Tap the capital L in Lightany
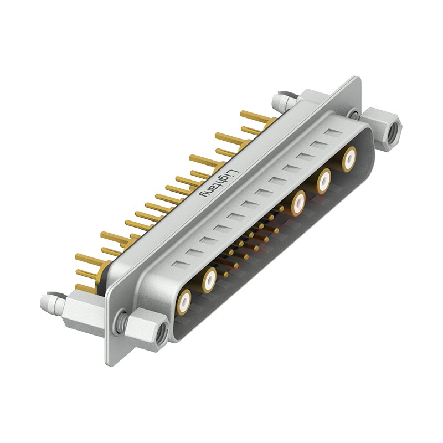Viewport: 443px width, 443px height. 233,172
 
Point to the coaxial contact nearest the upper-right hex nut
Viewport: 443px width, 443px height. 349,159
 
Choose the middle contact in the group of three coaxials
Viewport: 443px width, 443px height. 324,180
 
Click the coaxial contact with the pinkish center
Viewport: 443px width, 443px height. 299,202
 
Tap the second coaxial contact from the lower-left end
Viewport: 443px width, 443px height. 209,280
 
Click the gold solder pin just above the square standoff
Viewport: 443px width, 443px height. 83,287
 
